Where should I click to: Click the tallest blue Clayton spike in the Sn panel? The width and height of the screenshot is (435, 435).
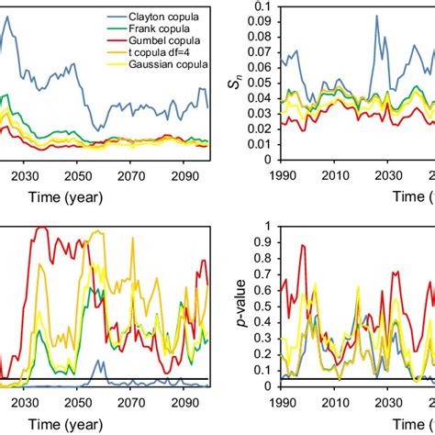click(x=376, y=16)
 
